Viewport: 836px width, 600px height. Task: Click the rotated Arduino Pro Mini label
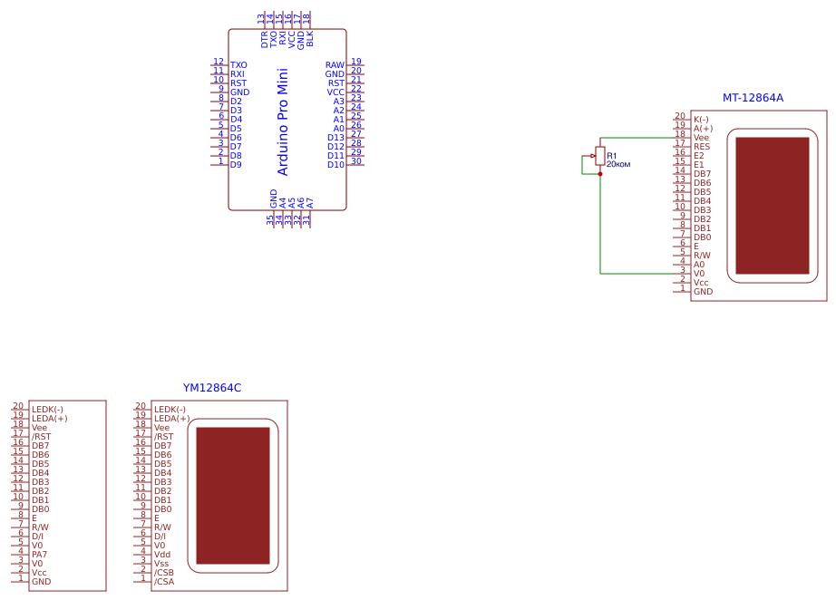(282, 121)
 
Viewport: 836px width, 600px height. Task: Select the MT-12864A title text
(753, 98)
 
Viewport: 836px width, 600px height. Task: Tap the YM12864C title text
(212, 388)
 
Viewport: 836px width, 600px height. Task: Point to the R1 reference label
(612, 156)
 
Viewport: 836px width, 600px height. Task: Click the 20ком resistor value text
(617, 164)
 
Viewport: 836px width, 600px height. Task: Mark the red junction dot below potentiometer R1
(600, 174)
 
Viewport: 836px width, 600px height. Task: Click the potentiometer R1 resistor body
(600, 155)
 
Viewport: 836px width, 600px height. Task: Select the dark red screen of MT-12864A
(772, 206)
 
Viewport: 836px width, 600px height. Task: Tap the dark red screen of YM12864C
(233, 496)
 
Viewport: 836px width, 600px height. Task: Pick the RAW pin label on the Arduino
(335, 65)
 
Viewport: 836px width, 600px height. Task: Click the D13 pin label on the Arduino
(335, 138)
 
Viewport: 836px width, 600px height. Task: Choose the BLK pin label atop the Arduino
(310, 39)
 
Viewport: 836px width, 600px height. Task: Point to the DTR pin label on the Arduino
(265, 39)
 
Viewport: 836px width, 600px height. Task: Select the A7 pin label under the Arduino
(310, 203)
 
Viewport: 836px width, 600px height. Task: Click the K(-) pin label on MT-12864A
(701, 120)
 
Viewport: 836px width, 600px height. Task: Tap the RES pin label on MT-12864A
(702, 147)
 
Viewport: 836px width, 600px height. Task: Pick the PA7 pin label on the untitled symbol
(40, 555)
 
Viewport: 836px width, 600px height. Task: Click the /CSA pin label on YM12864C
(164, 582)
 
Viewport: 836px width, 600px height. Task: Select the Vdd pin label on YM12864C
(162, 555)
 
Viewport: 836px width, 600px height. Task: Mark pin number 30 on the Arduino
(356, 161)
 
